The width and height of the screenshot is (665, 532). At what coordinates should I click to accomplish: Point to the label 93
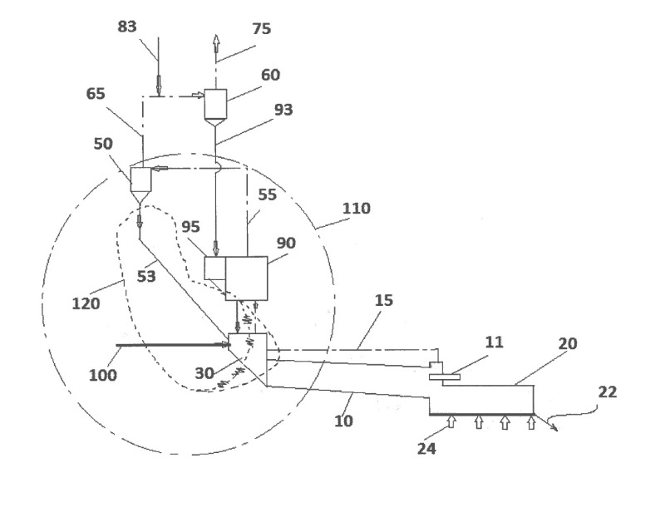(282, 109)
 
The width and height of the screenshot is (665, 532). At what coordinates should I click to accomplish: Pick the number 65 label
(96, 94)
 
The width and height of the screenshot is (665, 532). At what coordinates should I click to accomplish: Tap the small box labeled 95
(214, 268)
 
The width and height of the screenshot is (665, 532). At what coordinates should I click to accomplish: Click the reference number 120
(85, 303)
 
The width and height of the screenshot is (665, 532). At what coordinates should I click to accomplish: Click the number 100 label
(104, 375)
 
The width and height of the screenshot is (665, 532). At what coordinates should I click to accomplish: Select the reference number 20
(569, 343)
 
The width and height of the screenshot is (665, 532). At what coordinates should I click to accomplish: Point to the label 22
(608, 392)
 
